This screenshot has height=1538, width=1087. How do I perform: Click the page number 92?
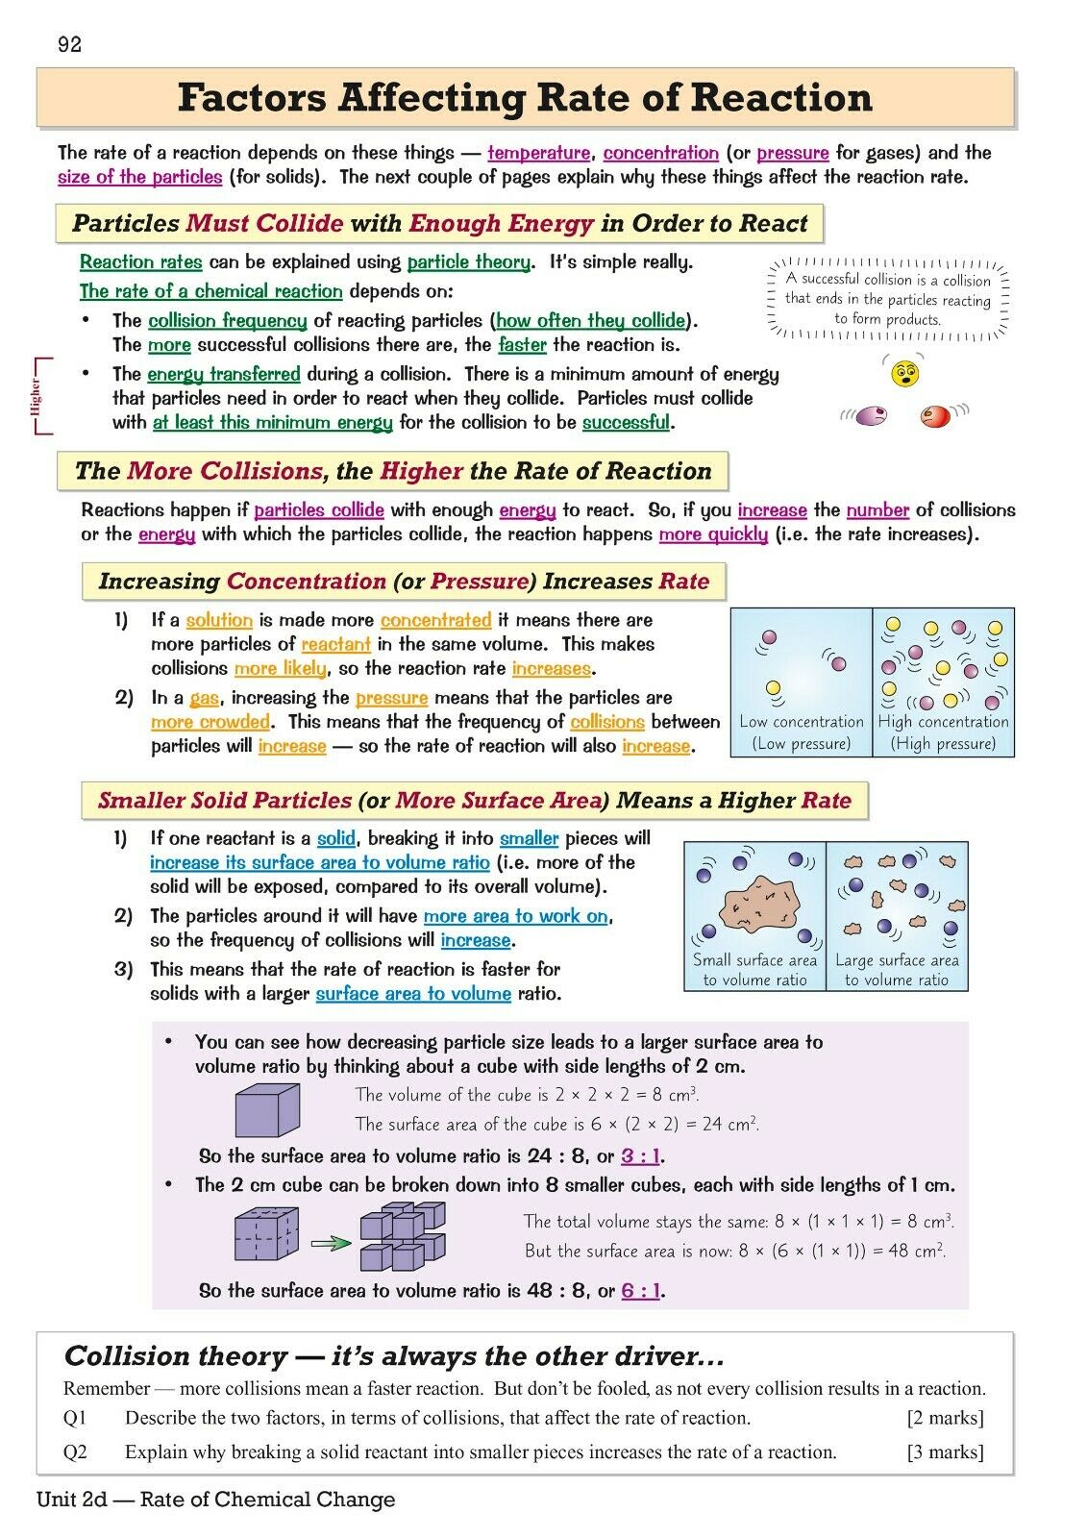70,44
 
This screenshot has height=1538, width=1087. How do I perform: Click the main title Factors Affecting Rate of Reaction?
525,98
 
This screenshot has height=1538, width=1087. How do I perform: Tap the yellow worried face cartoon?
905,373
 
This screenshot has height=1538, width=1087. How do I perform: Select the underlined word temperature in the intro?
538,153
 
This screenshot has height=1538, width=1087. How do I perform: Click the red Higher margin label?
37,395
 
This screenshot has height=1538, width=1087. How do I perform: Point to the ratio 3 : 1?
641,1156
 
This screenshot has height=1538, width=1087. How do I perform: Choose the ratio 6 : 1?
641,1291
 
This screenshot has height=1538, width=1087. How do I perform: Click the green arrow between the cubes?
332,1243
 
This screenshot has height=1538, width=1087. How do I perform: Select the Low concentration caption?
802,722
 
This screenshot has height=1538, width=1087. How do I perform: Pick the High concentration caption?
943,722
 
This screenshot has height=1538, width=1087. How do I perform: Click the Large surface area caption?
897,960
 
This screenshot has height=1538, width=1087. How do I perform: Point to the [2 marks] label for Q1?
945,1418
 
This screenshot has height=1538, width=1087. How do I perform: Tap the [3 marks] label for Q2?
945,1451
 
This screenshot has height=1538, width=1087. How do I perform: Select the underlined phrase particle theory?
468,262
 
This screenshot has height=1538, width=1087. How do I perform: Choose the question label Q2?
75,1451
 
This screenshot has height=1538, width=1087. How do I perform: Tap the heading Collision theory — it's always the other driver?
393,1356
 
